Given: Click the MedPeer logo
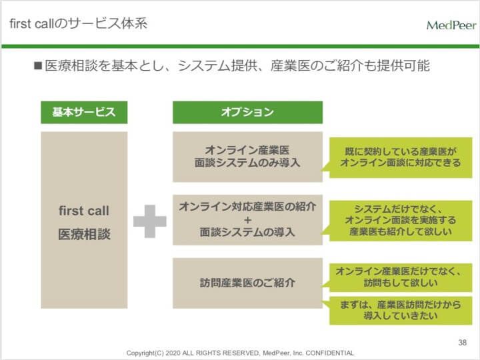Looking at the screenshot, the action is [x=451, y=25].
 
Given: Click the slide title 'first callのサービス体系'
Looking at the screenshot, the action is [x=79, y=23].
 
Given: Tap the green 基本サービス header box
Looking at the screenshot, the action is [x=84, y=113].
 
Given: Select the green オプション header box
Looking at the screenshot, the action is [x=247, y=113].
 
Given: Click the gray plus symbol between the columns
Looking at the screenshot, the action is [x=150, y=221].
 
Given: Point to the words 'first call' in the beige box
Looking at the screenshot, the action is [x=84, y=211].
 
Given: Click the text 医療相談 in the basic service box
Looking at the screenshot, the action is [x=84, y=235].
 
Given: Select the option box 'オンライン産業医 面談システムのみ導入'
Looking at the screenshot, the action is [x=247, y=157].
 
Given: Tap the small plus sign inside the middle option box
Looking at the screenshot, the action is [x=247, y=220].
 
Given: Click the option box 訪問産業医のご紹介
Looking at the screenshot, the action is [x=247, y=283].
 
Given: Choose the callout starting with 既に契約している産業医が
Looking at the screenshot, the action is [x=401, y=157].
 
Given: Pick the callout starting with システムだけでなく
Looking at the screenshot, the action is [x=401, y=221].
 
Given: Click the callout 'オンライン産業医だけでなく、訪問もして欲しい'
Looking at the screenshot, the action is [x=401, y=277].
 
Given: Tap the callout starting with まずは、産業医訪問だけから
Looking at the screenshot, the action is [x=401, y=311].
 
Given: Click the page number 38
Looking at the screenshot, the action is [x=462, y=342].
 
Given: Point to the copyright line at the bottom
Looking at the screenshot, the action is [x=240, y=353].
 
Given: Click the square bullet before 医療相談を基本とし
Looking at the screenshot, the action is [x=38, y=65].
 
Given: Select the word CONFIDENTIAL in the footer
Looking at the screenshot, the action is [x=330, y=353].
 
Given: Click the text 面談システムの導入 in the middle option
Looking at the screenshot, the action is [x=247, y=232].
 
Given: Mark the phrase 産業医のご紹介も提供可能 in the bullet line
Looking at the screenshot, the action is [x=350, y=65].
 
